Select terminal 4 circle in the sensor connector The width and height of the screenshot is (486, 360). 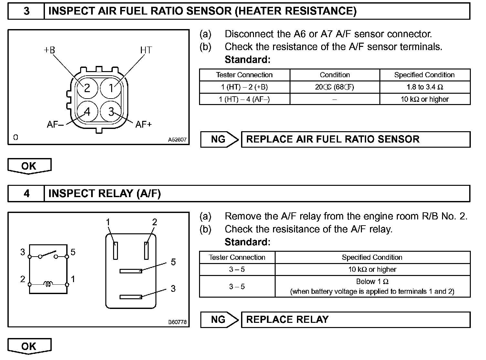(x=87, y=111)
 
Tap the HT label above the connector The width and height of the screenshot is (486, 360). (x=146, y=50)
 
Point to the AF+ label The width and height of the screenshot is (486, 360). (x=143, y=124)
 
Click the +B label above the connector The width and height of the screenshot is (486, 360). (x=49, y=50)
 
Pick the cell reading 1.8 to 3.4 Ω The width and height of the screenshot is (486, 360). (x=425, y=87)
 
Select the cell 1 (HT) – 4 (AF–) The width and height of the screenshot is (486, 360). (x=244, y=99)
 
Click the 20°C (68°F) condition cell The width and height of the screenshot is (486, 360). (x=334, y=87)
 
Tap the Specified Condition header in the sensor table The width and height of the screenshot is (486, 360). (x=424, y=75)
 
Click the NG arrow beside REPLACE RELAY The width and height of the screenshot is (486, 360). (x=219, y=320)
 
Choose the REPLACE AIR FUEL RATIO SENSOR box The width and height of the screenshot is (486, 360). (x=355, y=139)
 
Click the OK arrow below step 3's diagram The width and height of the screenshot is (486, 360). (x=29, y=166)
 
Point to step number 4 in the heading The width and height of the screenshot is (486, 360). (x=26, y=194)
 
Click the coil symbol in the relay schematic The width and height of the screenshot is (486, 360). (x=48, y=284)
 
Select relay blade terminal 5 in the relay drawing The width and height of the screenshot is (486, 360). (x=131, y=271)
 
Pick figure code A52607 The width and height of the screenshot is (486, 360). (x=177, y=140)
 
